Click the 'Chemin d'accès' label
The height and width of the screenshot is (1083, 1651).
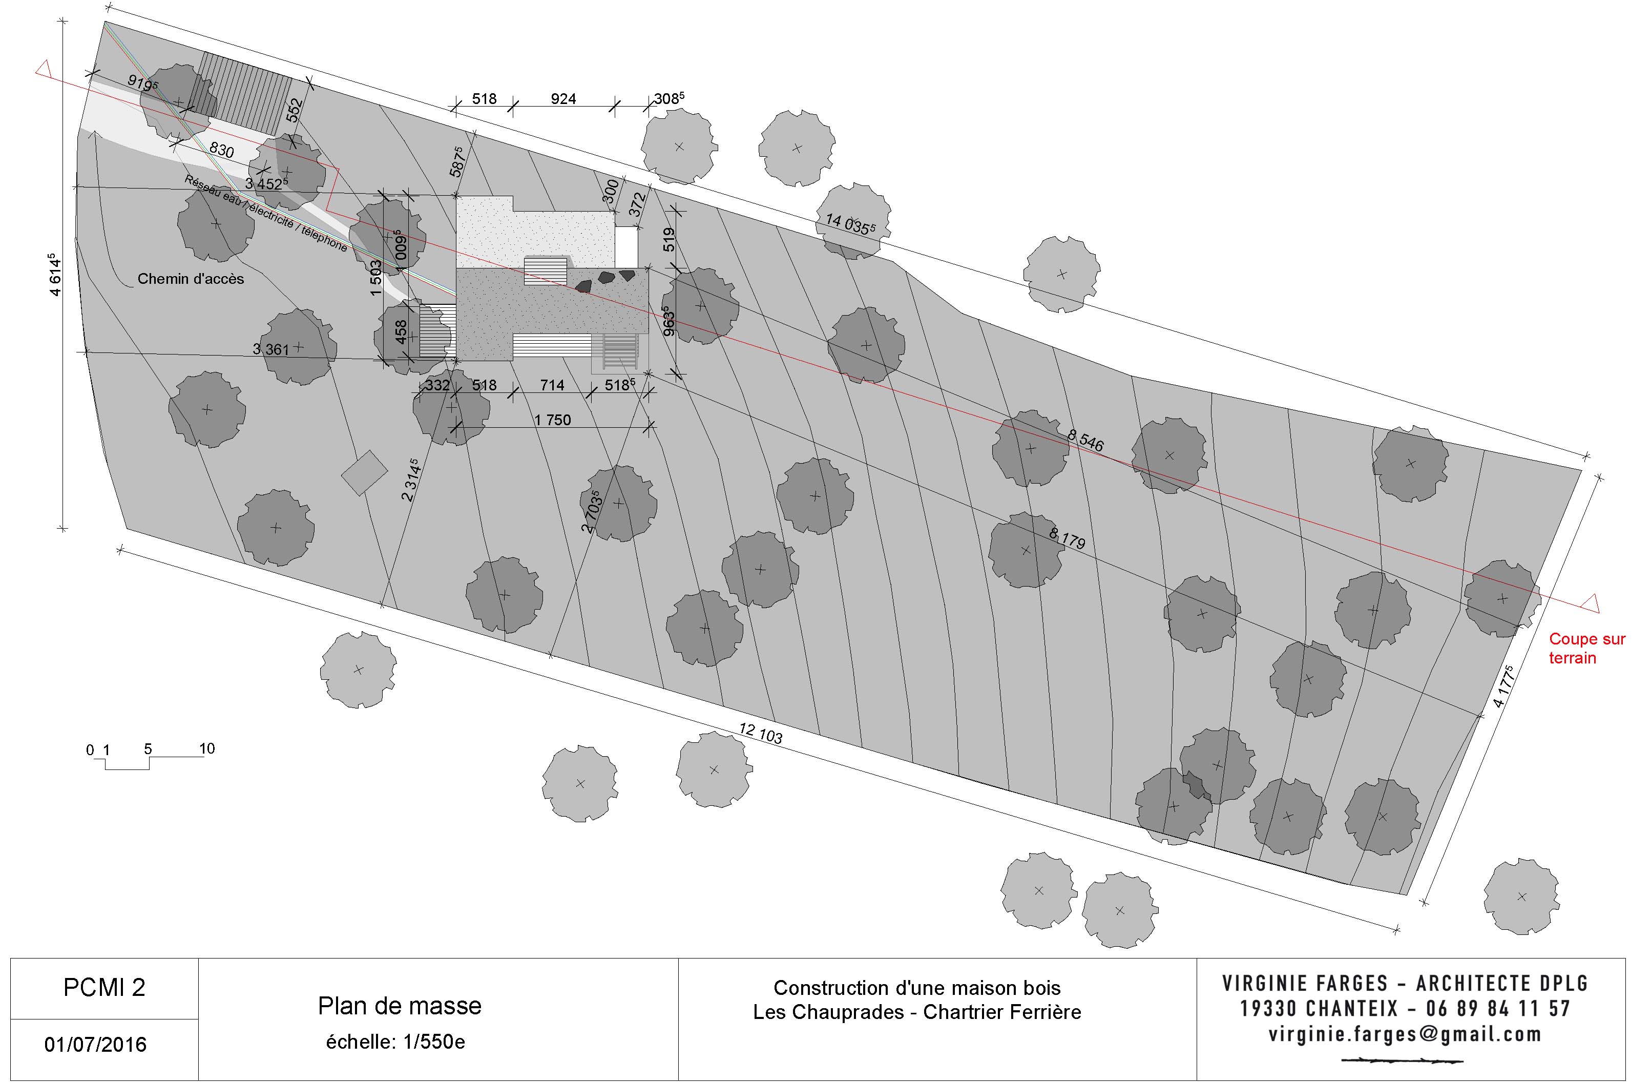click(x=191, y=279)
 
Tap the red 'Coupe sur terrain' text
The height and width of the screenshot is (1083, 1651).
click(x=1586, y=648)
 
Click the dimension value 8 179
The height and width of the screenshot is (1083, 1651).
click(x=1067, y=538)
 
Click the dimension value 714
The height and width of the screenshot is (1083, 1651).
click(x=552, y=385)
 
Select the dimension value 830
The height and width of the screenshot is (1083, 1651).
click(x=221, y=150)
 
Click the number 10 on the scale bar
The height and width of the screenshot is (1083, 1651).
click(x=207, y=748)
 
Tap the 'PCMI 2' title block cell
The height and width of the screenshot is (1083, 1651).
click(x=104, y=987)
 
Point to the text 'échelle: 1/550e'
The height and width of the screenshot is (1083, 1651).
click(x=395, y=1042)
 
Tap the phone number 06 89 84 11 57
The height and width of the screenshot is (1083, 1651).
click(x=1498, y=1008)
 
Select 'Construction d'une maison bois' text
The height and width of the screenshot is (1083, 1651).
click(x=916, y=987)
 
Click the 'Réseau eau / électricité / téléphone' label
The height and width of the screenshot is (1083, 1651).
click(x=266, y=213)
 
